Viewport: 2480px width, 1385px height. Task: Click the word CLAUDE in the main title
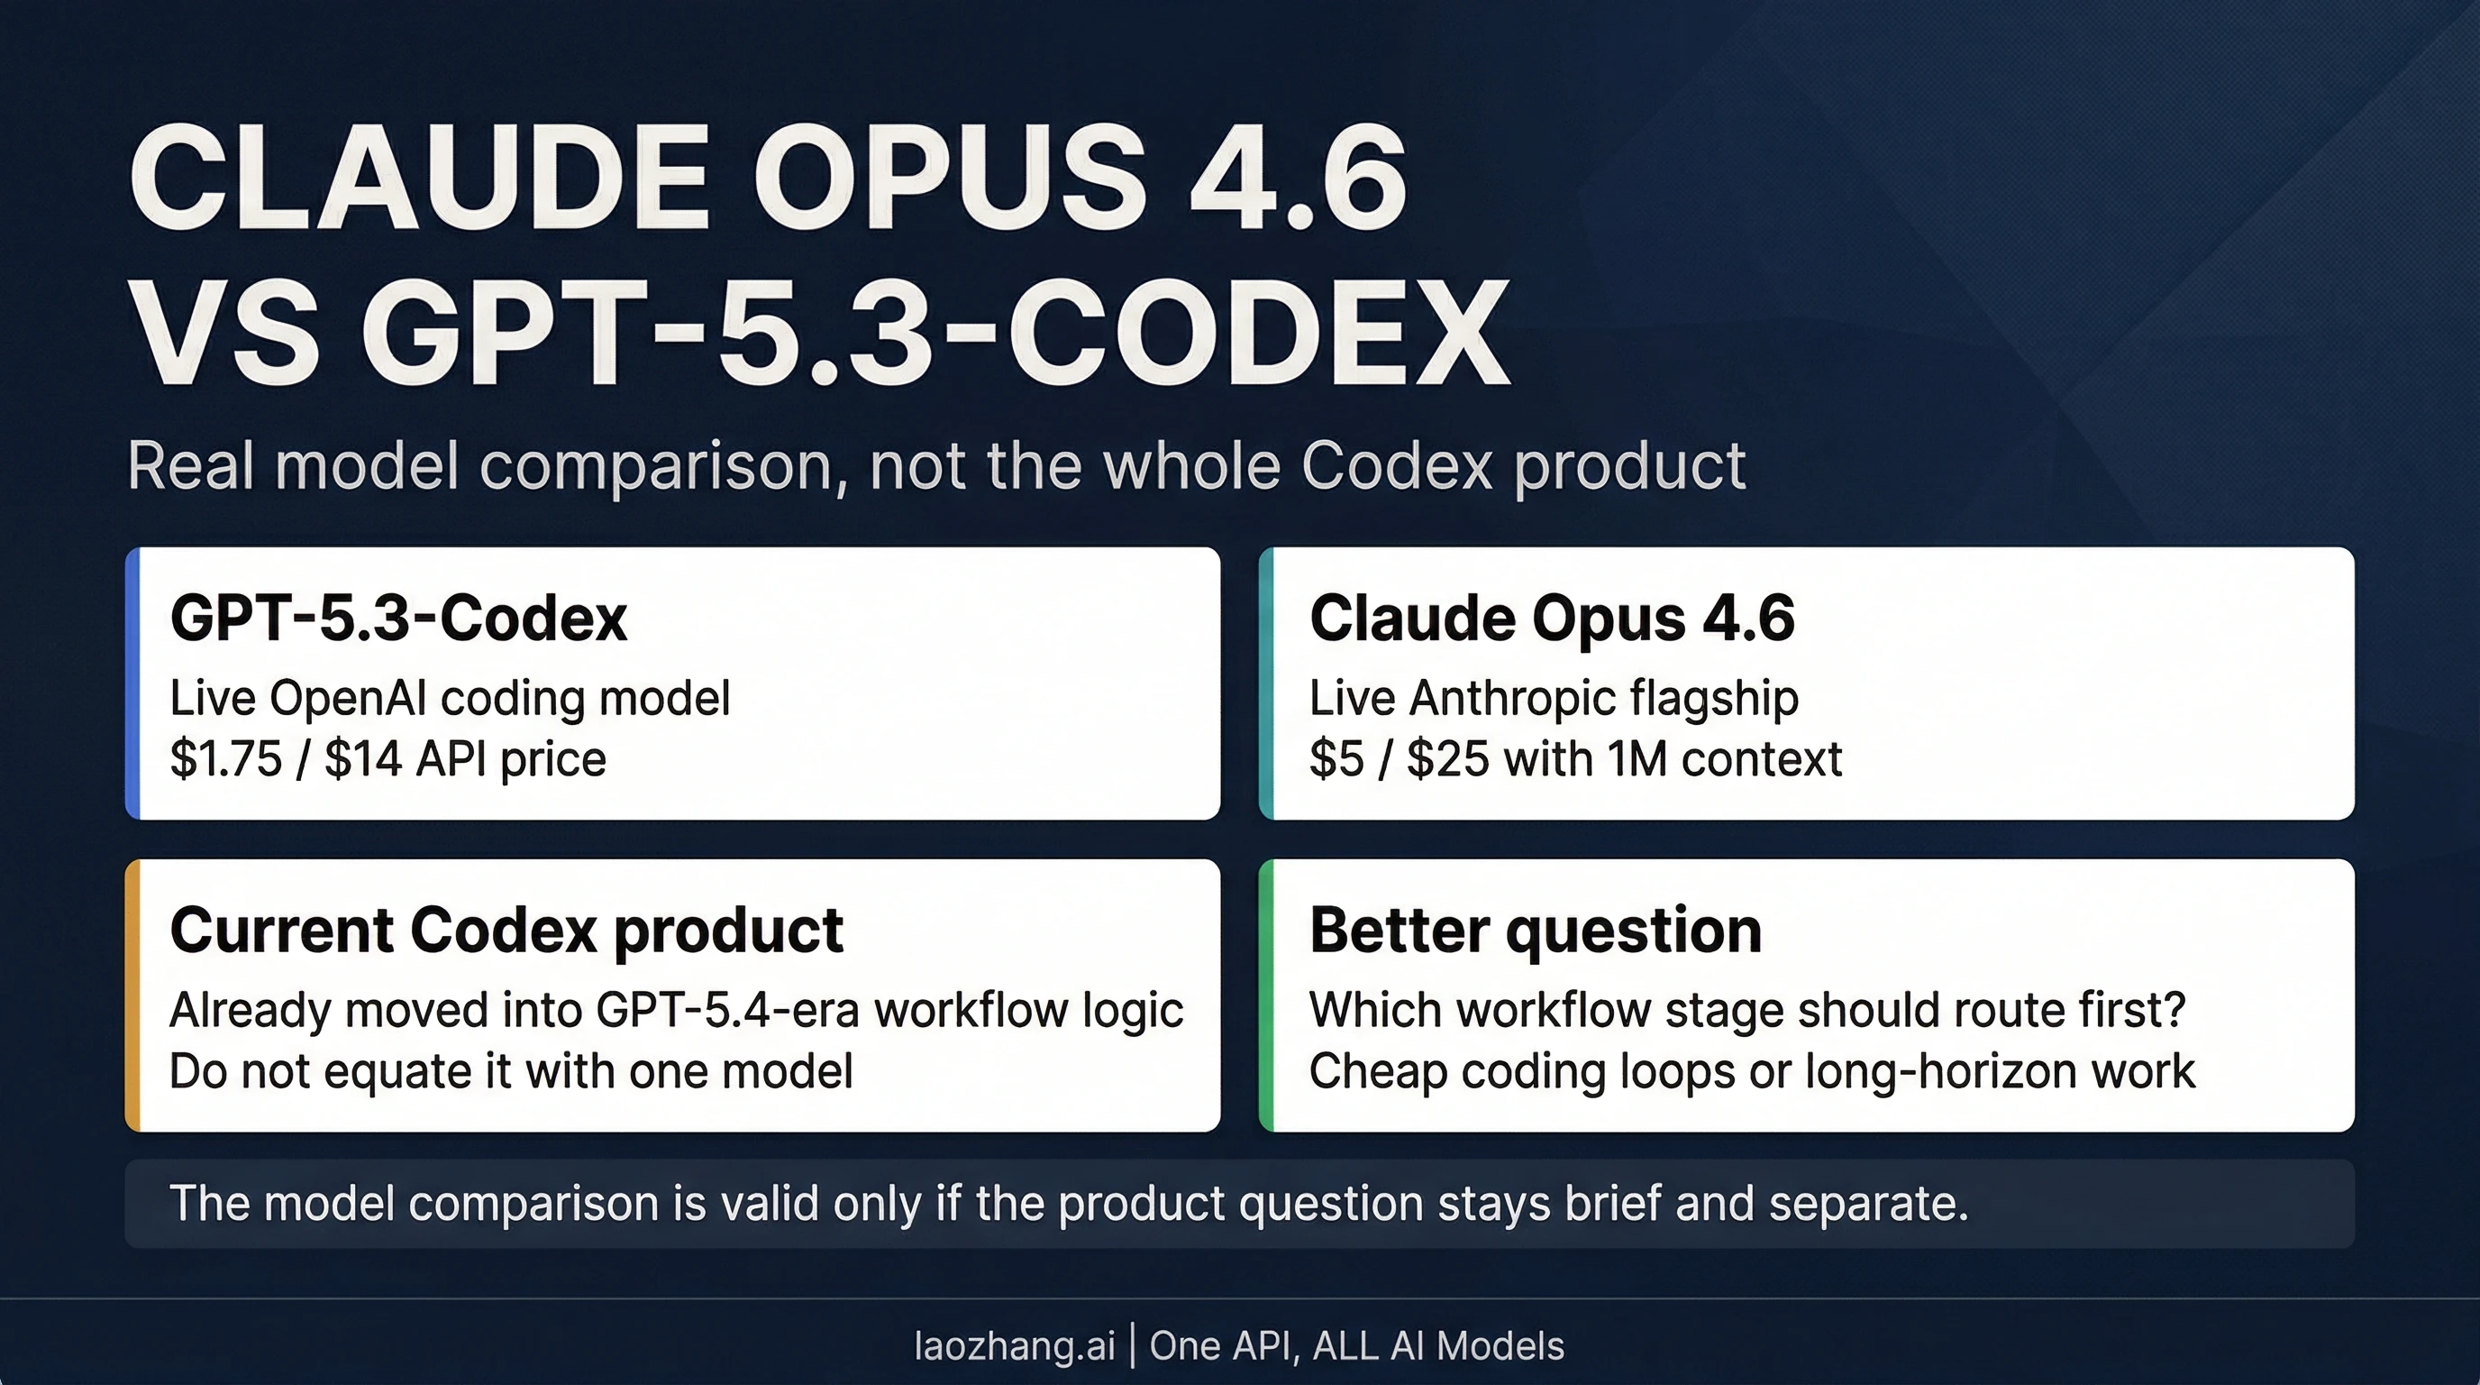click(x=419, y=179)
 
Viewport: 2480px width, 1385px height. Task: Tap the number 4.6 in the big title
click(x=1298, y=179)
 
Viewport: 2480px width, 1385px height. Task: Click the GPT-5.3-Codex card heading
click(x=398, y=619)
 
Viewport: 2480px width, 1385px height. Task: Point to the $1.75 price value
click(x=225, y=759)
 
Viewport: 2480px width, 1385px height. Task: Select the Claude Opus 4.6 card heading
click(x=1552, y=619)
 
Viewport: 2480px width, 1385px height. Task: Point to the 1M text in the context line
click(x=1637, y=759)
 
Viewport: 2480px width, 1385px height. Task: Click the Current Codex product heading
click(x=506, y=931)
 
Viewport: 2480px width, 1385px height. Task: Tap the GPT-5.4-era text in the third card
click(x=728, y=1010)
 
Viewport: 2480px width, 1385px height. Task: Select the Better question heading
click(x=1535, y=931)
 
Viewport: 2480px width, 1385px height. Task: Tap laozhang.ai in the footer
click(x=1014, y=1345)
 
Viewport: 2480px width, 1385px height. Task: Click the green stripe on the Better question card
click(x=1266, y=995)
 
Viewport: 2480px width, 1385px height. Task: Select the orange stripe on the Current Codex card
click(x=132, y=995)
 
